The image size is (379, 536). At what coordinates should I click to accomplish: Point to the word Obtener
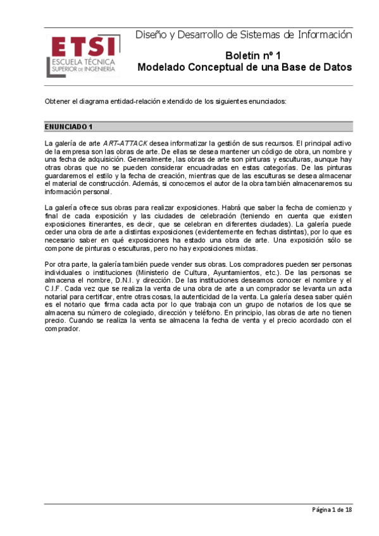click(x=58, y=101)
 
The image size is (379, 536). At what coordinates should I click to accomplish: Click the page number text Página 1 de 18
click(x=331, y=510)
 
